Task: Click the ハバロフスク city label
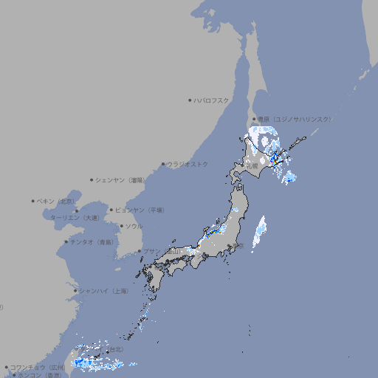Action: tap(212, 100)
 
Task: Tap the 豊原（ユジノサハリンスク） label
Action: tap(295, 119)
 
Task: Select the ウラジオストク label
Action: tap(188, 164)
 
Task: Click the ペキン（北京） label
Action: tap(56, 201)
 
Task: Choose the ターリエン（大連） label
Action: tap(75, 218)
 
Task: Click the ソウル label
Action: tap(134, 226)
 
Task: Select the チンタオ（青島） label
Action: tap(92, 242)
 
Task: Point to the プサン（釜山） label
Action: tap(162, 252)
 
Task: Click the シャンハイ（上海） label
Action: tap(103, 291)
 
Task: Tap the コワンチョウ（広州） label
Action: tap(37, 367)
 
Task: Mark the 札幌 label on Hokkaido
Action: tap(252, 165)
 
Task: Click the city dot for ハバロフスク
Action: tap(190, 100)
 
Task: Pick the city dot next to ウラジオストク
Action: tap(163, 164)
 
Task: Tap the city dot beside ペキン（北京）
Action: tap(32, 201)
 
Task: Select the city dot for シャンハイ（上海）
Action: tap(75, 291)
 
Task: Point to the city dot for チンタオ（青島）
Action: tap(66, 242)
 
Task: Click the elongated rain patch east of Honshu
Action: tap(260, 232)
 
